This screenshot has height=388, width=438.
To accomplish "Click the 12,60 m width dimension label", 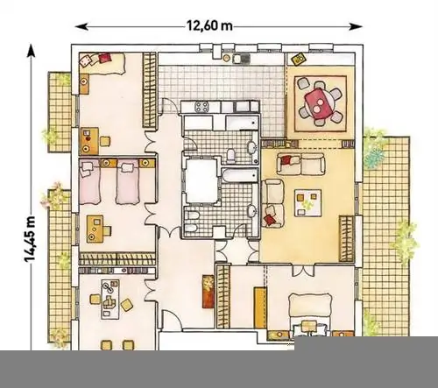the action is tap(209, 26).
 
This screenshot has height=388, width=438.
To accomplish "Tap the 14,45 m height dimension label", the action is tap(30, 239).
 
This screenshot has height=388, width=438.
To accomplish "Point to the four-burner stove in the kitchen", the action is tap(201, 107).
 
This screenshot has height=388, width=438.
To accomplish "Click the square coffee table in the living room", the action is tap(308, 203).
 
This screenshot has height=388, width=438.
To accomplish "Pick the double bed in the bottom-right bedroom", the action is tap(310, 316).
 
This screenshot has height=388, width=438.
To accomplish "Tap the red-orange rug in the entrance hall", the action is tap(208, 291).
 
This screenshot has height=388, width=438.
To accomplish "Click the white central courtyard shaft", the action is tap(201, 181).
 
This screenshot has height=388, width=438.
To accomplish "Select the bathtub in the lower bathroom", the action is tap(239, 175).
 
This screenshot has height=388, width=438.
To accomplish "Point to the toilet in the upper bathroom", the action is tap(231, 156).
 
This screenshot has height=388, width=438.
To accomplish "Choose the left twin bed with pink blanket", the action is tap(90, 181).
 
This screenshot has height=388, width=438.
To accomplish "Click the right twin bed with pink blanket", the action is tap(128, 182).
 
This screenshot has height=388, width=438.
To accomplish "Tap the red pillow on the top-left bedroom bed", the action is tap(105, 57).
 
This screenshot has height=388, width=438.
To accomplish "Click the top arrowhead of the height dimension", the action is tap(31, 51).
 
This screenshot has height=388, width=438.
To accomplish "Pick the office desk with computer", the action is tap(110, 300).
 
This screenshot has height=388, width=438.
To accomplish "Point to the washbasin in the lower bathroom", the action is tap(251, 211).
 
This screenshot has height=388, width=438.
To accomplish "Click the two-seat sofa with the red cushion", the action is tap(301, 164).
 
